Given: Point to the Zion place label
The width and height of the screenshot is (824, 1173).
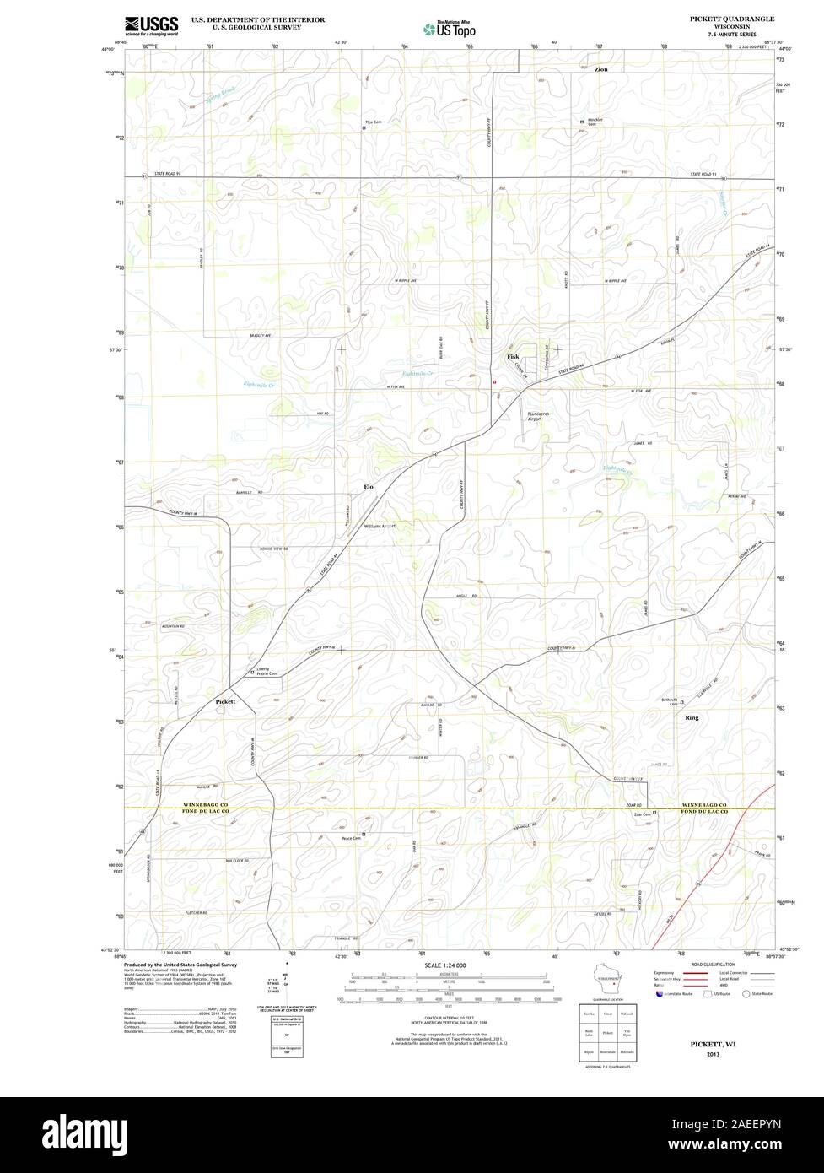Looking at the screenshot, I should (x=600, y=69).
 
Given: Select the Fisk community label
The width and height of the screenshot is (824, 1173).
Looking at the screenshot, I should (x=513, y=357).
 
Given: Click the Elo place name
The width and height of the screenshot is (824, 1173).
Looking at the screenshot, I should (x=368, y=488).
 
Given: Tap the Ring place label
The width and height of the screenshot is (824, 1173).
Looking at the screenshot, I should (x=692, y=717).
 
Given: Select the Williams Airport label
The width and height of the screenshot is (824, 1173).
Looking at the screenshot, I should (x=380, y=525).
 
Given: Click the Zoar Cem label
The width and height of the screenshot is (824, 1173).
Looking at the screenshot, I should (x=641, y=814).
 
